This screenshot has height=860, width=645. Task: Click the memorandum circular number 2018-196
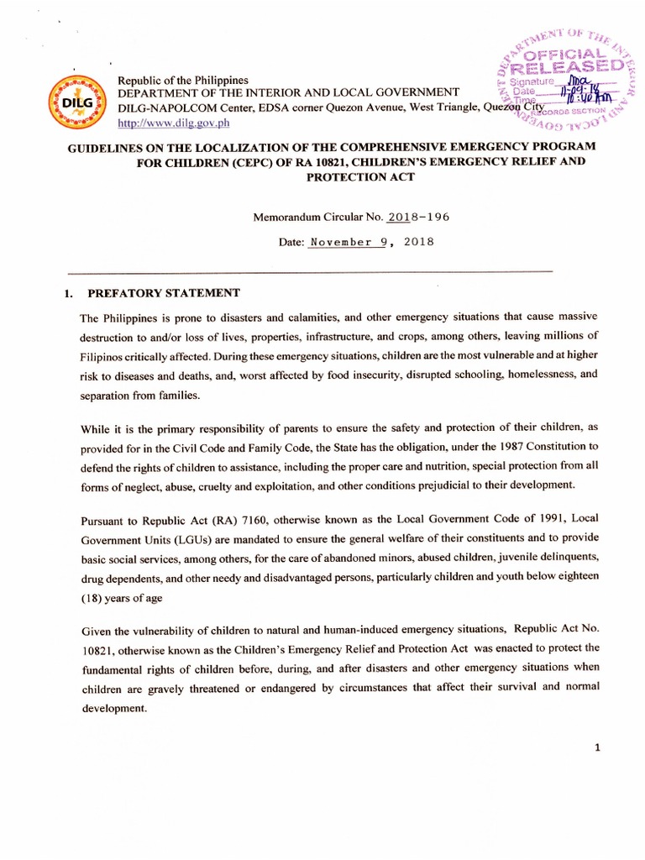pos(418,217)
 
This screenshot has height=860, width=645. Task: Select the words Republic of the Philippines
pos(177,79)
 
